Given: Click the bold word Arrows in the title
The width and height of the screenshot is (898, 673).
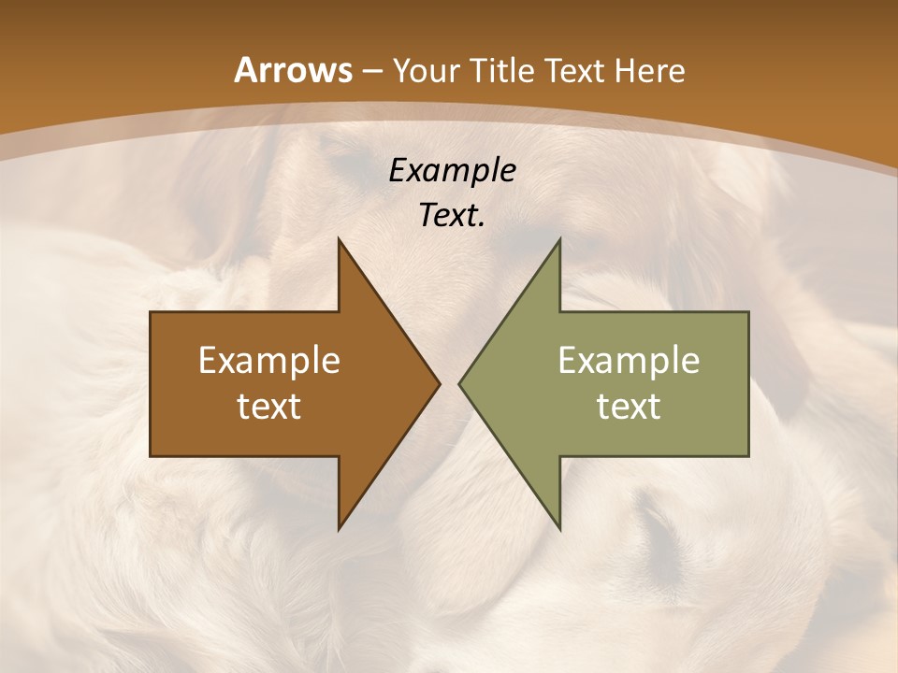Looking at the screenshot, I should coord(292,71).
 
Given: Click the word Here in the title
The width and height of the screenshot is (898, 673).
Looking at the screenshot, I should coord(648,71).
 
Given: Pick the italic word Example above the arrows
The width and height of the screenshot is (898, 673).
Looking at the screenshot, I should coord(453,171).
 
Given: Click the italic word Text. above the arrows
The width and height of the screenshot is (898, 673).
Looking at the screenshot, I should coord(453,215).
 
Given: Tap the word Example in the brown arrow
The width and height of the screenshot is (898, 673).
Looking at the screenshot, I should coord(269,361).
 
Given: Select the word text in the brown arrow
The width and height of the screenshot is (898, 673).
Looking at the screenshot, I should coord(269,406).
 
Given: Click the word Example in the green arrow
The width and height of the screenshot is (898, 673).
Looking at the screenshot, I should coord(629,361).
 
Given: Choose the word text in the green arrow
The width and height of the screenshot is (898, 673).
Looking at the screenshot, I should coord(629,406).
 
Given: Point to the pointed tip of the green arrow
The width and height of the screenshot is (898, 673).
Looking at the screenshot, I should coord(460,383).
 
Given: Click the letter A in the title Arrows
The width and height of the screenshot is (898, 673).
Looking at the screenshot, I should coord(245,71).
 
